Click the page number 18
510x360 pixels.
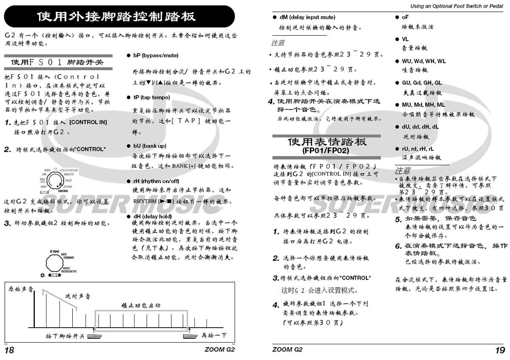9,350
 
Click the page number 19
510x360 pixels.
500,350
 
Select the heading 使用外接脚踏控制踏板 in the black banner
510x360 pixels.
116,17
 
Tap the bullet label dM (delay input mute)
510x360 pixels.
307,17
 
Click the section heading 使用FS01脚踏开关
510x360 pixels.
57,62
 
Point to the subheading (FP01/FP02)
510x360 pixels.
326,150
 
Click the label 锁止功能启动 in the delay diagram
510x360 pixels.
141,305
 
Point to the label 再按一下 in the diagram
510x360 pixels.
214,336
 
